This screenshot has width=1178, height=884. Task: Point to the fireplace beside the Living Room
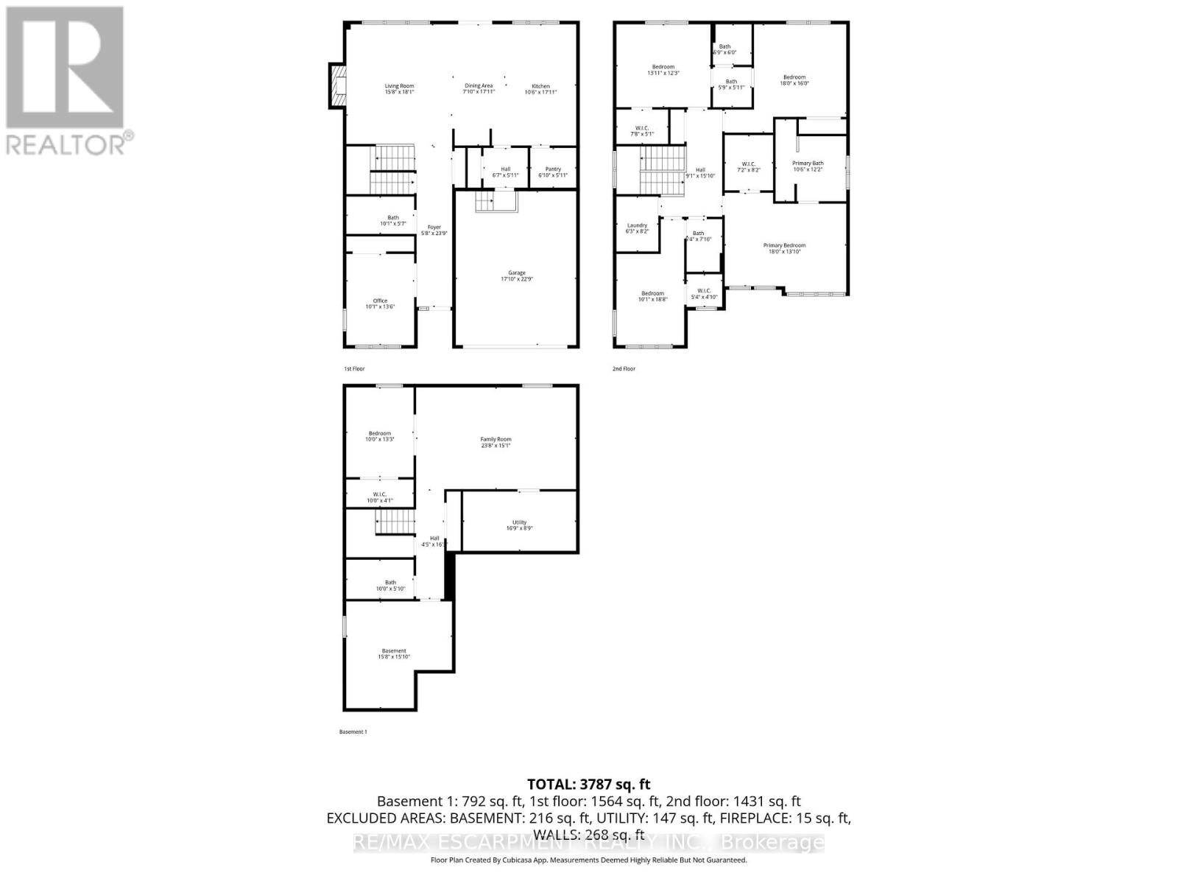[337, 86]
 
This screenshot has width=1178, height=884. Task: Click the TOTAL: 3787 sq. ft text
[589, 785]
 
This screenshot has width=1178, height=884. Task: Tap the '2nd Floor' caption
[624, 368]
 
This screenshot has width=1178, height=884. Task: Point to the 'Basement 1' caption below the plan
[353, 732]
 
